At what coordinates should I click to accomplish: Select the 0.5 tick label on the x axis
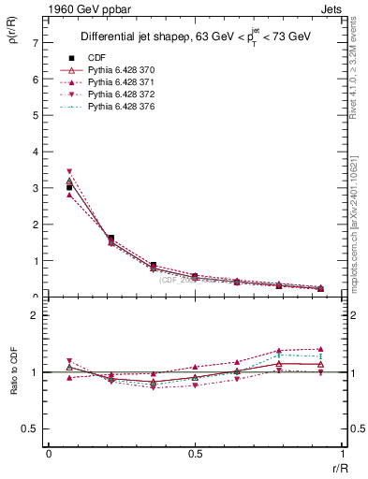point(195,454)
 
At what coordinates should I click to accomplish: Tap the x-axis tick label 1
point(342,454)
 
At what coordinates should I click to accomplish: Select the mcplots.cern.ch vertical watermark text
point(356,225)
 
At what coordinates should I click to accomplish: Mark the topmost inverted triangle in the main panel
point(69,172)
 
